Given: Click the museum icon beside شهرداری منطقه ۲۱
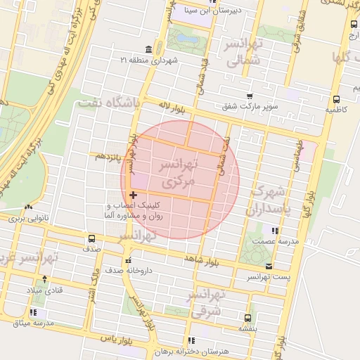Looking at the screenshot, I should tap(148, 49).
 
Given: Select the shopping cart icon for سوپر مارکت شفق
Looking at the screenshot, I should tap(250, 96).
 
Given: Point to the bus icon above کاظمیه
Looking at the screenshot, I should tap(336, 99).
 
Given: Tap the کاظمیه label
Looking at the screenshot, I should tap(336, 110).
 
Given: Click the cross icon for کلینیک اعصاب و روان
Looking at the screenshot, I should tap(133, 195).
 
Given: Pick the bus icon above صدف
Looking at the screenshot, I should tap(91, 238).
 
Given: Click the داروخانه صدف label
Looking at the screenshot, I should tap(129, 270).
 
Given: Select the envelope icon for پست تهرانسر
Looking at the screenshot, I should tap(269, 266).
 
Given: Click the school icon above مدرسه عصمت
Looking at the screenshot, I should tap(274, 230).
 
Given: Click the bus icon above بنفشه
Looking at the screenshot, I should tap(246, 317).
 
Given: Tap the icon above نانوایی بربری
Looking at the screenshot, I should tap(28, 207).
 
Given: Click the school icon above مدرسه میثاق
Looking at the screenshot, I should tap(34, 311).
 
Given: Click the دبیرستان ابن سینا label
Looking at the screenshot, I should tap(212, 10).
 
